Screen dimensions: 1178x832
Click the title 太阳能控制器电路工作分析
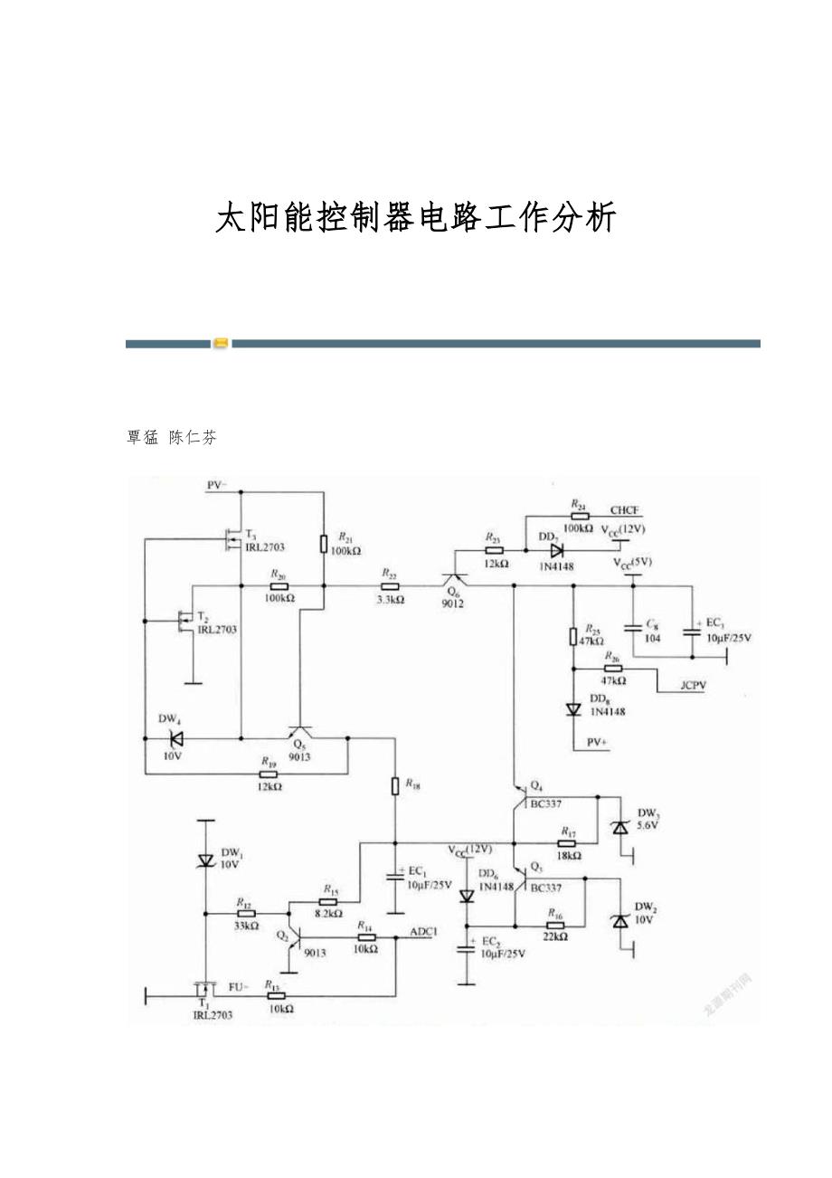point(416,219)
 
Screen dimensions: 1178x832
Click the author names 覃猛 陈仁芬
point(172,437)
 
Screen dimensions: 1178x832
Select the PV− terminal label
point(217,486)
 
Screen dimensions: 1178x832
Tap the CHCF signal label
point(624,510)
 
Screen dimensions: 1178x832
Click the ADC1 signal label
point(423,931)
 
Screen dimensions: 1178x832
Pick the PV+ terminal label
point(598,742)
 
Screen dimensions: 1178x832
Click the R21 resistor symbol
point(323,543)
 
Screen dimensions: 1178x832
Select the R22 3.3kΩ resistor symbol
point(390,585)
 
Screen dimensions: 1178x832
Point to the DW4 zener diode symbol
point(176,738)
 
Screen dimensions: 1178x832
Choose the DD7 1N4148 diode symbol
point(557,549)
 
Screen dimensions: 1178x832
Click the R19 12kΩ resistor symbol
point(269,774)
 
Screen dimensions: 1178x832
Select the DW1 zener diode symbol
point(206,860)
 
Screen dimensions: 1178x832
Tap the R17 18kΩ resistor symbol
point(568,842)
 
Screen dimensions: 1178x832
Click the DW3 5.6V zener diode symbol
point(619,826)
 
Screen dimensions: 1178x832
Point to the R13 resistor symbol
point(277,995)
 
